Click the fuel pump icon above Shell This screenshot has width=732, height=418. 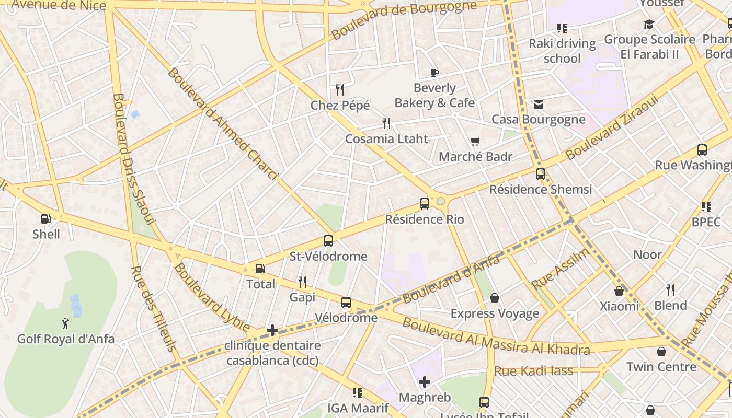(46, 219)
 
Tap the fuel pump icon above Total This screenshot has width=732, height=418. (260, 269)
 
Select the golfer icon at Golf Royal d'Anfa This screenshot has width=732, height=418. (65, 324)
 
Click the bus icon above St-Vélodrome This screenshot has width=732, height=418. (328, 241)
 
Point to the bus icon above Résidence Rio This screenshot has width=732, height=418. (425, 204)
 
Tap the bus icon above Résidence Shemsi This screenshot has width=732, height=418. (541, 174)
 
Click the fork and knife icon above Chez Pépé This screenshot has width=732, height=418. (340, 90)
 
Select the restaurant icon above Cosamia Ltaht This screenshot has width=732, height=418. (386, 123)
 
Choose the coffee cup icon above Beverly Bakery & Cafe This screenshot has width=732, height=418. (434, 73)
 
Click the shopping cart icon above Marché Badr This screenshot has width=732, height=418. (475, 141)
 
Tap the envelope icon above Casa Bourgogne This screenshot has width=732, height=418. (539, 104)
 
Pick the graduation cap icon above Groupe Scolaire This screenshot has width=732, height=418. (649, 24)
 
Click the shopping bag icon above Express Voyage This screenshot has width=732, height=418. (495, 298)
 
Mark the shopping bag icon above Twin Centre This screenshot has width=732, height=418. (661, 352)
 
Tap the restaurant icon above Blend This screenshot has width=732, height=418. (670, 290)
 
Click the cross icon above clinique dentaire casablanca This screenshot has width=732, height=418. (272, 330)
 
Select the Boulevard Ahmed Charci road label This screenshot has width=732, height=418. (223, 123)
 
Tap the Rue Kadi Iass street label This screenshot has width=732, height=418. (533, 371)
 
